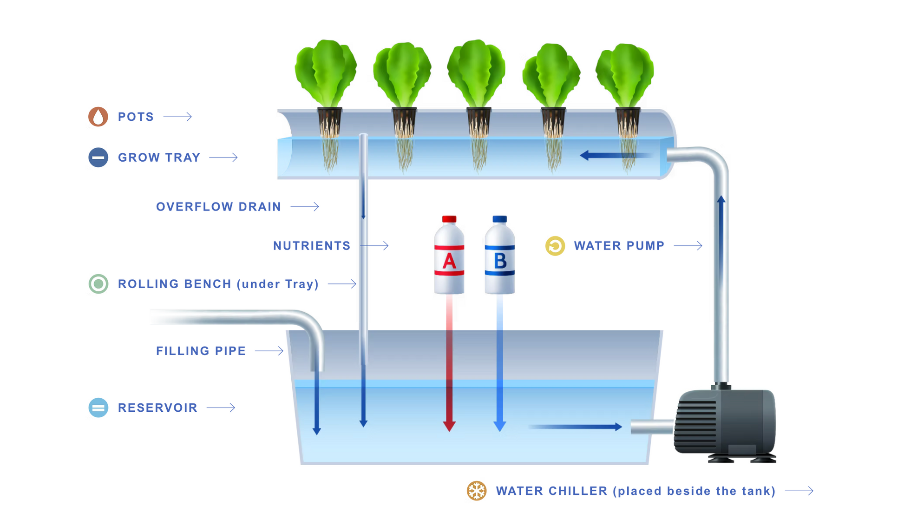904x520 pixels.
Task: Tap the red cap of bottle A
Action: point(449,219)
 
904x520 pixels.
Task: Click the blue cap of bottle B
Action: point(499,219)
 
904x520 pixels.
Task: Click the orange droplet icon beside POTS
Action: point(98,117)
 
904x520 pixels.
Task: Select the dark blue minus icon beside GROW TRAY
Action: point(98,158)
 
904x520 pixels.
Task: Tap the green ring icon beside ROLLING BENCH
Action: point(98,284)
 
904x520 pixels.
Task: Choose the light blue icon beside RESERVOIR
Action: point(98,408)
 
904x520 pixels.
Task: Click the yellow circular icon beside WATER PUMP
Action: point(555,246)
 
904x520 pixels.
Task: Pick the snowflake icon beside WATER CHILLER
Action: point(476,491)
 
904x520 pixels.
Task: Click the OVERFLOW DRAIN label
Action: point(218,207)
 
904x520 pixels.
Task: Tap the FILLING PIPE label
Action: point(201,351)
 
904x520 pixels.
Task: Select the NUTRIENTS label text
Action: point(312,246)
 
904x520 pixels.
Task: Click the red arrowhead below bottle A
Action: point(449,426)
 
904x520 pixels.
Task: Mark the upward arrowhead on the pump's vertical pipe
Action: point(721,200)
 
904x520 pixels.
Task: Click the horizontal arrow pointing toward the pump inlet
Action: point(576,427)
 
